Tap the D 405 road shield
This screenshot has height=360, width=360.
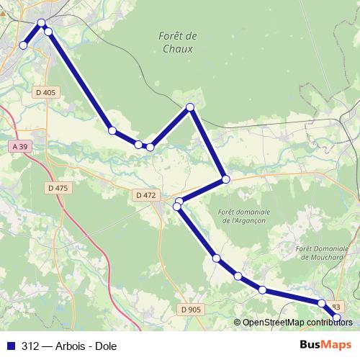pos(45,92)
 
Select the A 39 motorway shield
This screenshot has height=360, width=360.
pos(21,147)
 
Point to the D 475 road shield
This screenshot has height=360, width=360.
pos(57,188)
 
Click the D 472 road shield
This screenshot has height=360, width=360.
pos(145,195)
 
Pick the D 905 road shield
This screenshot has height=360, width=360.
pos(191,309)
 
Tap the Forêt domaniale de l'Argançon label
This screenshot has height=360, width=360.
pos(246,216)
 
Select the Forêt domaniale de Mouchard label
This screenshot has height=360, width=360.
pos(323,252)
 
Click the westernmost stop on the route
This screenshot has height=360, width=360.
pos(23,45)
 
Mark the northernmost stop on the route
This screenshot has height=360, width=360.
pos(42,23)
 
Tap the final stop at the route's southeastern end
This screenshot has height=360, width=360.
pos(336,317)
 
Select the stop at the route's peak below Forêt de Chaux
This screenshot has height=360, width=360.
pos(190,107)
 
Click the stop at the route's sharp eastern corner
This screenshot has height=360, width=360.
pos(225,179)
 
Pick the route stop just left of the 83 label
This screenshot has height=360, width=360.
pos(322,304)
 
